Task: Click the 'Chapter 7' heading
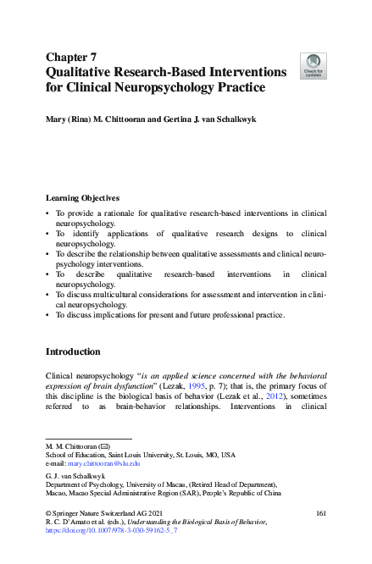click(x=70, y=57)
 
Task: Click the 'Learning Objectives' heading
click(x=82, y=196)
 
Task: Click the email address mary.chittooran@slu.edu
click(x=105, y=464)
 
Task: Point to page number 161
click(x=320, y=514)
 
